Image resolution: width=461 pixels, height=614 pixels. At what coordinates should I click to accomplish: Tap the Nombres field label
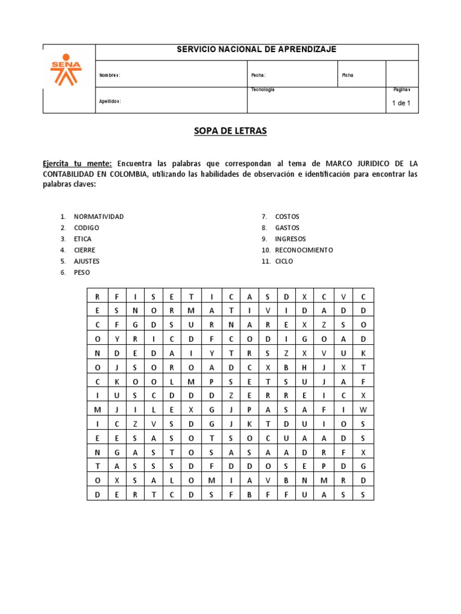click(x=110, y=75)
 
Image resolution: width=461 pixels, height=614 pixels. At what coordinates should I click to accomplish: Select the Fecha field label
click(x=258, y=75)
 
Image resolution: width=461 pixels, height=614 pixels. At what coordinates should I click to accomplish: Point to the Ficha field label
click(x=348, y=75)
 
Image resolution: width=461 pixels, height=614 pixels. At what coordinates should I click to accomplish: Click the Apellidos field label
click(x=110, y=101)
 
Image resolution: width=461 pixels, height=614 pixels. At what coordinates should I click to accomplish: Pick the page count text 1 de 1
click(x=401, y=103)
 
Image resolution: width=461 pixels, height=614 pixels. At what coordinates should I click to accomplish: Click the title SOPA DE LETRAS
click(x=230, y=131)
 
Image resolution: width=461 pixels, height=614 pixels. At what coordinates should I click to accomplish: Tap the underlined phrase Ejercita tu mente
click(x=77, y=163)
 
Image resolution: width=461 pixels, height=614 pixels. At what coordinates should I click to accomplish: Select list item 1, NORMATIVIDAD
click(x=98, y=216)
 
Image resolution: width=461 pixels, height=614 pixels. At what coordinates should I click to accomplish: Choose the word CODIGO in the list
click(x=86, y=228)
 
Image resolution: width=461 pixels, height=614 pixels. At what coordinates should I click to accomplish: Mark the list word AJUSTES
click(x=87, y=261)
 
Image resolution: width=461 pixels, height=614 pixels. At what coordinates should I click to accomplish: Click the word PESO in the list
click(x=82, y=272)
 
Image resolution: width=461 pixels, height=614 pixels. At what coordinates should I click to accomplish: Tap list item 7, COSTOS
click(x=287, y=216)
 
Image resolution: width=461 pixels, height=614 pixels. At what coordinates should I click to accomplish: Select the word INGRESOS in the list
click(x=291, y=239)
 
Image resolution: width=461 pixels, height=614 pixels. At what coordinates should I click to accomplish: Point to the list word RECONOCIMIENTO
click(x=304, y=250)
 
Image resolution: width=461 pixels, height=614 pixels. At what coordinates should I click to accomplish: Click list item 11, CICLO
click(x=285, y=261)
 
